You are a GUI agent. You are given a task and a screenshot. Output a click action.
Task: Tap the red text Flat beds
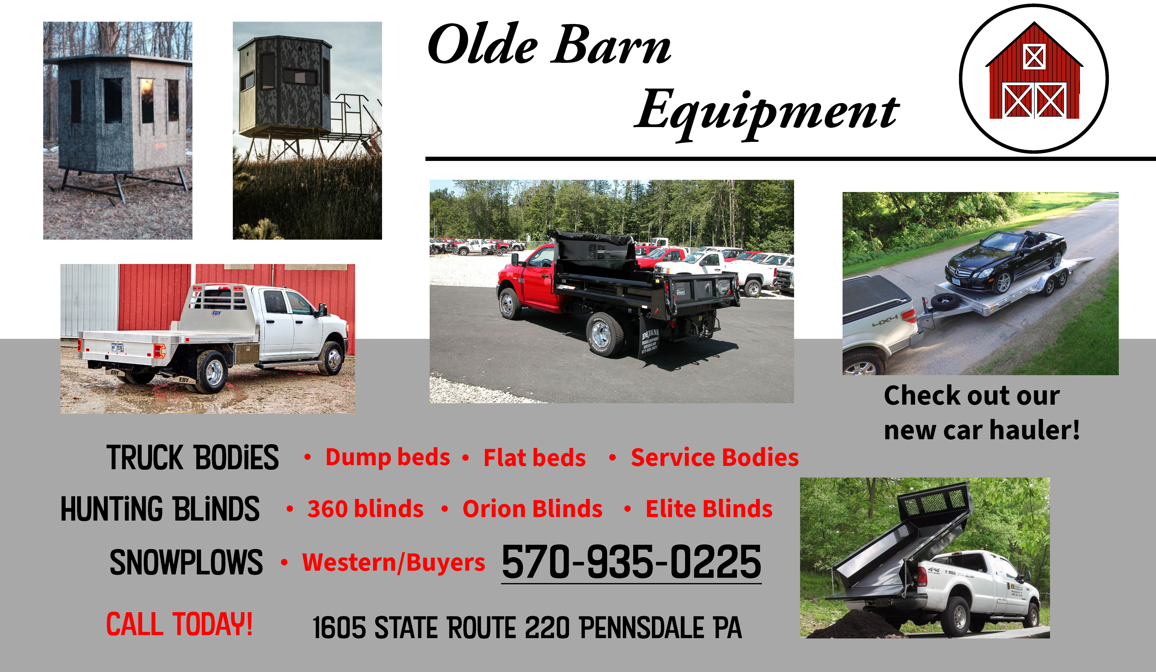534,458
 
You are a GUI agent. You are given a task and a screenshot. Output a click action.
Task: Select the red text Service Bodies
715,458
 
